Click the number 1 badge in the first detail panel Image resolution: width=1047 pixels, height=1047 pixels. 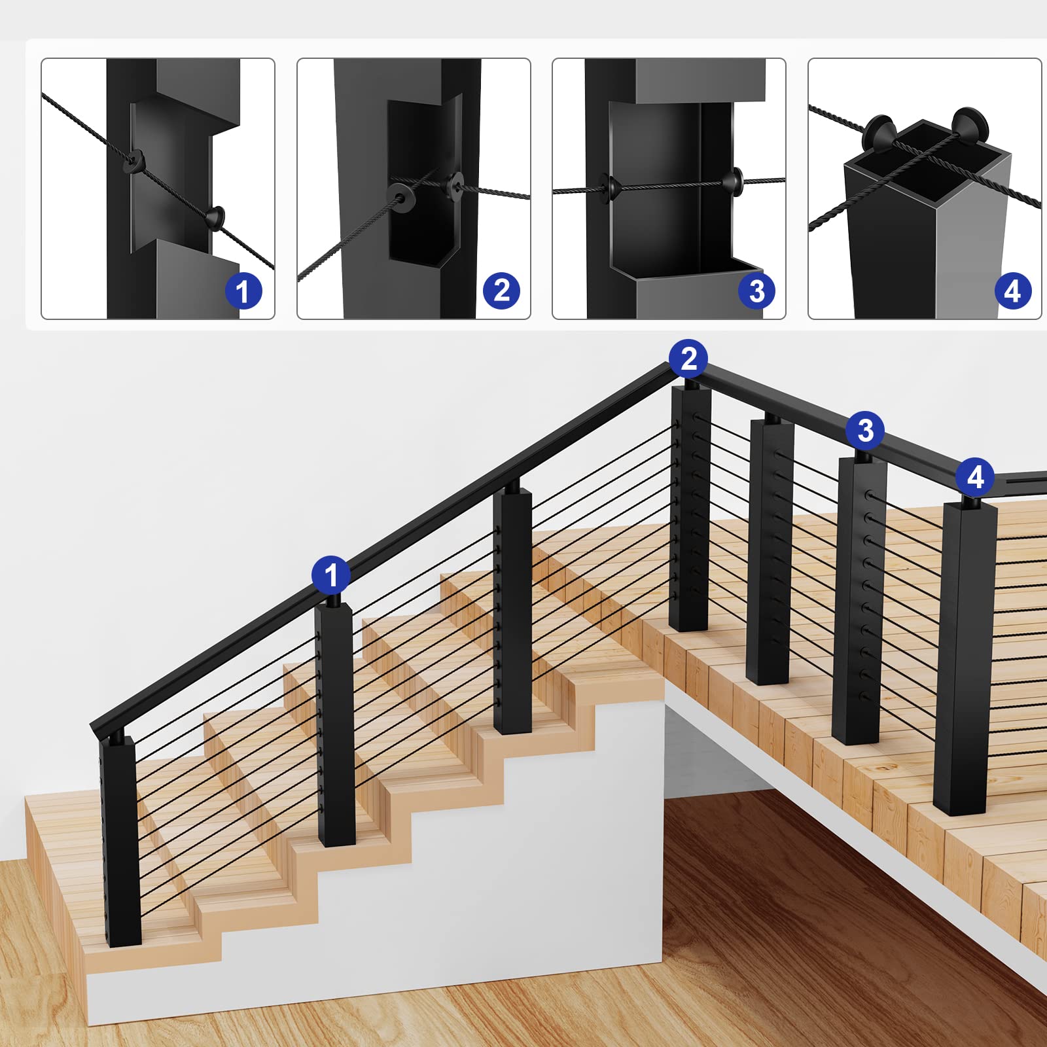pos(243,291)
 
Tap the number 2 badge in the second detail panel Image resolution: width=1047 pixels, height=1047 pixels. pos(501,291)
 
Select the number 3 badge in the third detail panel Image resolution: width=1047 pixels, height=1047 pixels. pos(756,291)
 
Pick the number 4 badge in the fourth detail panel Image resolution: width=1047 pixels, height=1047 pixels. pos(1012,291)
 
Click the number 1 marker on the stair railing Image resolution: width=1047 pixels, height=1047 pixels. pos(330,575)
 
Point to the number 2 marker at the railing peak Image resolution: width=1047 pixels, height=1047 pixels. pos(688,359)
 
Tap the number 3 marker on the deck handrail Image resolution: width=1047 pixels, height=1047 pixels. pos(865,431)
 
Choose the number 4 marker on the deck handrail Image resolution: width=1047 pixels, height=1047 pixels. pos(975,477)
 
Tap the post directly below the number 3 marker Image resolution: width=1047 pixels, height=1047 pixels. pos(859,599)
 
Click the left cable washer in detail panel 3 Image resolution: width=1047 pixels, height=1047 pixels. pos(608,188)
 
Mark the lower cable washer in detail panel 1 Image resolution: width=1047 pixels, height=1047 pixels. pos(216,217)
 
